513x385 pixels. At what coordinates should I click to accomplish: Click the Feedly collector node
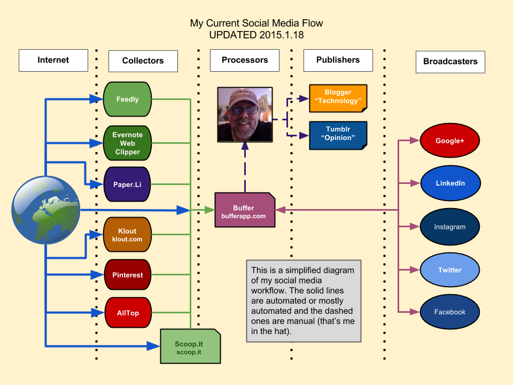click(x=127, y=99)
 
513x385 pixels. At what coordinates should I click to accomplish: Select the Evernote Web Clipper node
click(x=127, y=143)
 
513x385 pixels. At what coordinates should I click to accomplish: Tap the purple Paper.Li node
click(x=127, y=184)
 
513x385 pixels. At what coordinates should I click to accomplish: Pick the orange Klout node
click(x=127, y=234)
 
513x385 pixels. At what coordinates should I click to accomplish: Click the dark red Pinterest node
click(x=128, y=275)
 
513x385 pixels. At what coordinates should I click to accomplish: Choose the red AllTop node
click(x=128, y=313)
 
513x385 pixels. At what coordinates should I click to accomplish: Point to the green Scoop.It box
click(x=190, y=346)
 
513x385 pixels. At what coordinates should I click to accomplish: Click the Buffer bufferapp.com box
click(x=245, y=210)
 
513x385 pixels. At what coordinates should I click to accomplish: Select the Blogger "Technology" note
click(x=338, y=98)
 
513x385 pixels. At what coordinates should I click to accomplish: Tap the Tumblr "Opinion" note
click(x=338, y=135)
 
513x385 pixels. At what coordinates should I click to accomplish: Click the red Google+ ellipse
click(x=450, y=141)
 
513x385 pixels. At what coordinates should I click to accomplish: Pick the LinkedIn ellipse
click(x=450, y=183)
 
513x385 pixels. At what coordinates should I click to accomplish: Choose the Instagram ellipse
click(x=450, y=227)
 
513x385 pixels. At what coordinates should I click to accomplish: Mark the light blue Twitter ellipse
click(x=450, y=269)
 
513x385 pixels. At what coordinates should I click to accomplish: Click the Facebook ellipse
click(x=450, y=312)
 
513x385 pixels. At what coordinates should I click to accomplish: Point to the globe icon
click(x=46, y=210)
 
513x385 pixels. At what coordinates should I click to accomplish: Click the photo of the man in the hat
click(x=245, y=114)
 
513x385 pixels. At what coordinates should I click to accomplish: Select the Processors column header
click(x=245, y=60)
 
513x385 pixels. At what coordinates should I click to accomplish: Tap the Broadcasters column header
click(x=450, y=61)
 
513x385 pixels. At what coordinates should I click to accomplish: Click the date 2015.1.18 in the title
click(x=282, y=35)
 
